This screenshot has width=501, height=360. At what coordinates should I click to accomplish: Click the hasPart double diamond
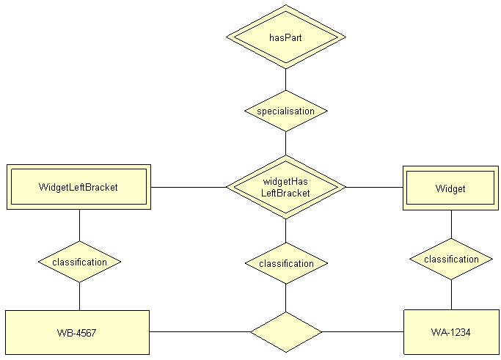[x=285, y=37]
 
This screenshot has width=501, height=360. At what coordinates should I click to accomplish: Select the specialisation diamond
[x=285, y=111]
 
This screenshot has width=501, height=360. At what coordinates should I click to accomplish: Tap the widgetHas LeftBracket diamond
[x=285, y=188]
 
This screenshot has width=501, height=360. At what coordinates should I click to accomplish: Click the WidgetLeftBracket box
[x=78, y=187]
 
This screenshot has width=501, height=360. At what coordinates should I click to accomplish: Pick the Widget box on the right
[x=450, y=188]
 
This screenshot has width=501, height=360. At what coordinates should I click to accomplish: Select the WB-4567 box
[x=77, y=332]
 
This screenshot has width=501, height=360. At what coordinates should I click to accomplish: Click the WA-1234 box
[x=450, y=332]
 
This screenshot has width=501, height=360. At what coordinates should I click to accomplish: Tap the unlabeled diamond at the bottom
[x=285, y=332]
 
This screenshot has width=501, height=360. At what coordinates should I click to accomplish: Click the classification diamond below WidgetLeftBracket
[x=79, y=262]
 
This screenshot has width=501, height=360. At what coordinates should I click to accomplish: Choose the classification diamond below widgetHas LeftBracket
[x=285, y=263]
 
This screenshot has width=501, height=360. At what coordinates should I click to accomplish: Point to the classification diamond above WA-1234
[x=451, y=259]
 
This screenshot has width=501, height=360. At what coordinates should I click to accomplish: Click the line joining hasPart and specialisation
[x=285, y=79]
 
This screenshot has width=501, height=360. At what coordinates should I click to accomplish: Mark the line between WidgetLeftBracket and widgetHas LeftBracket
[x=188, y=187]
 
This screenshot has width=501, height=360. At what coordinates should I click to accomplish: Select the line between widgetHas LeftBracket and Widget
[x=374, y=188]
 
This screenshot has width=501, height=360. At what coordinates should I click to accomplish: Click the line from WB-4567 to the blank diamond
[x=200, y=332]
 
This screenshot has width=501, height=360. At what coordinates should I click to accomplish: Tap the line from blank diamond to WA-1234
[x=362, y=332]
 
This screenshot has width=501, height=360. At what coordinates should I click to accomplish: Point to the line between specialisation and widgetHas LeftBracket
[x=285, y=144]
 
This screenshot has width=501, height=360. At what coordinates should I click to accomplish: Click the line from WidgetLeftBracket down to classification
[x=79, y=225]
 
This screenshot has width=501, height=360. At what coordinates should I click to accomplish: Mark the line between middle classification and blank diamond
[x=285, y=298]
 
